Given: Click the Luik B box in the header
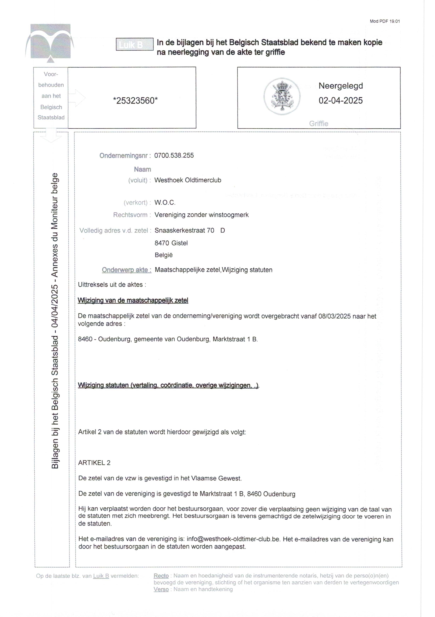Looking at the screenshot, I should pos(134,44).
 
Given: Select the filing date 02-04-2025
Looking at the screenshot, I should pos(340,101).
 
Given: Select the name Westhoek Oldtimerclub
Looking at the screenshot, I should pos(188,180).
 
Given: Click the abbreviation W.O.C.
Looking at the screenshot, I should pos(165,202).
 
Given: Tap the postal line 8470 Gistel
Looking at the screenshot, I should pos(171,243).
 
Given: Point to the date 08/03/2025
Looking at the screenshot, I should pos(334,316).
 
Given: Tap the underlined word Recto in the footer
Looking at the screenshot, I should pos(161,576).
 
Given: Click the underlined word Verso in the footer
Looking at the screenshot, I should pos(161,589).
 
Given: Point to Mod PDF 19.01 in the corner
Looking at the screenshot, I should pos(385,21).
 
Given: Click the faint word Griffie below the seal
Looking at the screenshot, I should pos(318,124).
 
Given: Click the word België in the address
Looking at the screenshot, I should pos(163,255).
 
